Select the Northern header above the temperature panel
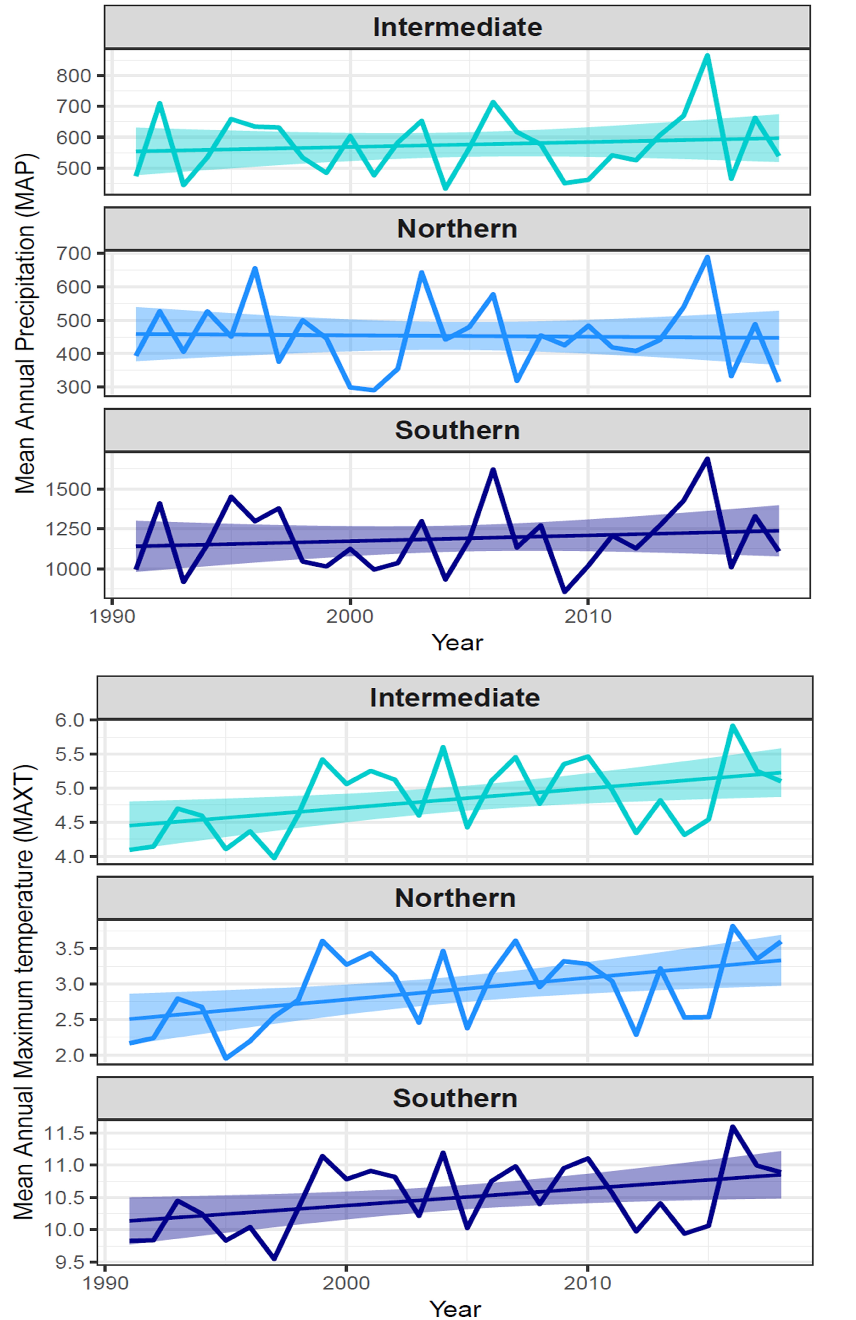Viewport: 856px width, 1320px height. coord(455,898)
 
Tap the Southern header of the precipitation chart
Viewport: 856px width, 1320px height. coord(457,430)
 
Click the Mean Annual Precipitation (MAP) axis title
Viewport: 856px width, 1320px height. coord(25,323)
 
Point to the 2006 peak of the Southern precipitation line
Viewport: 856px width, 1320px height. coord(493,470)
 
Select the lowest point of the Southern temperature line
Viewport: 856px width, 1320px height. coord(274,1258)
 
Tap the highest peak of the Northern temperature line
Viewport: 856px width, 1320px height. coord(732,926)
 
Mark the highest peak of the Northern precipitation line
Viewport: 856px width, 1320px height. coord(707,257)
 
